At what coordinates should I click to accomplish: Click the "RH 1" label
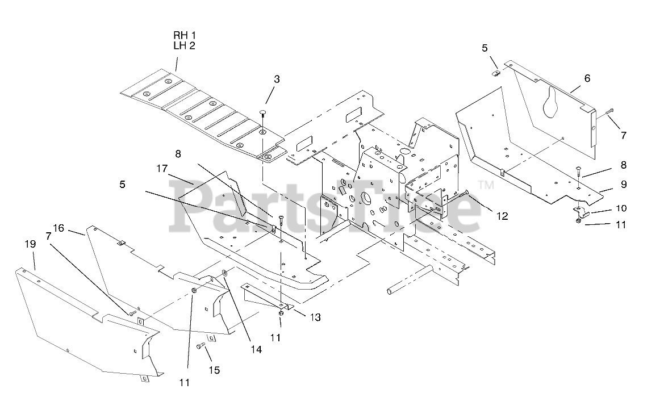click(185, 36)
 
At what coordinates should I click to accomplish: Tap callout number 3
click(276, 80)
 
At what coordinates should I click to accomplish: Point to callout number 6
click(587, 78)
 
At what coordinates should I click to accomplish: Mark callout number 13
click(315, 317)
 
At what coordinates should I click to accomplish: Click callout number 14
click(256, 350)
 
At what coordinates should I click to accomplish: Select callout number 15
click(214, 370)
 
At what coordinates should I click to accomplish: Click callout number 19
click(30, 244)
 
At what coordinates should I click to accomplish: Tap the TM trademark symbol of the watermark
click(486, 185)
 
